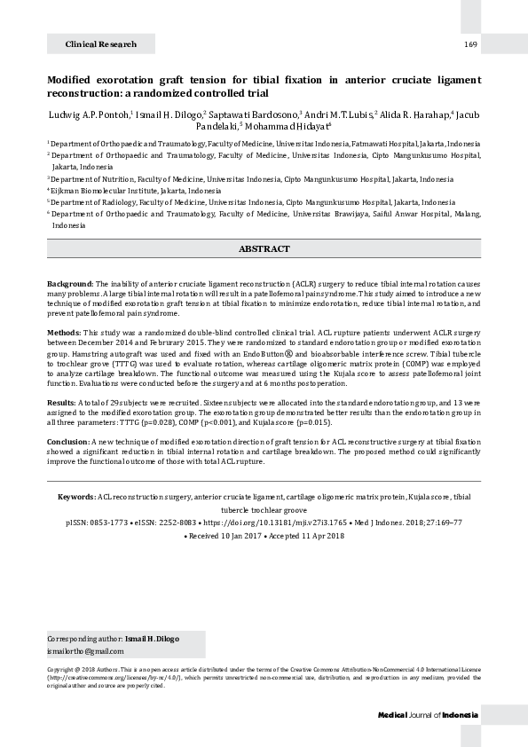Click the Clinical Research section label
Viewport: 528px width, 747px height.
click(x=100, y=43)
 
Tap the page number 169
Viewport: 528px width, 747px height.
click(x=470, y=43)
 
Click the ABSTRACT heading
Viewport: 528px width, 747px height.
click(x=264, y=249)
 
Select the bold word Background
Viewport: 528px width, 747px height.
click(x=69, y=282)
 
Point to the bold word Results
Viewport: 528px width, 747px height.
click(x=60, y=403)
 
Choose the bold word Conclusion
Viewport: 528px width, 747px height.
click(x=68, y=441)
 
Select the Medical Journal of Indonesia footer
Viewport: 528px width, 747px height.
click(x=428, y=715)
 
